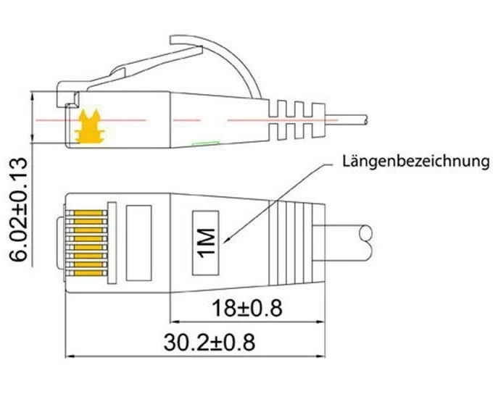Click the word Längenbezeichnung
tap(415, 162)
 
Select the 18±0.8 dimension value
tap(246, 308)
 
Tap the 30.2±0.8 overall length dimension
tap(210, 342)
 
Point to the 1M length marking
tap(207, 243)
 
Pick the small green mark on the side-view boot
tap(206, 143)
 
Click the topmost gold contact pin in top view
tap(88, 213)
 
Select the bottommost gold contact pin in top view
tap(88, 273)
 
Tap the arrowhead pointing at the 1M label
tap(226, 240)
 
